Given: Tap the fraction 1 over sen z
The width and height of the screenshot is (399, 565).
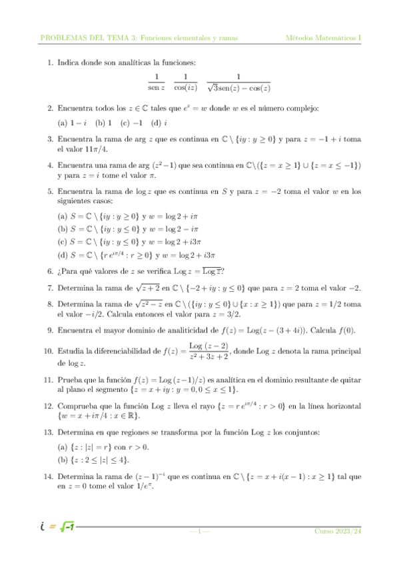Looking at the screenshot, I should point(156,82).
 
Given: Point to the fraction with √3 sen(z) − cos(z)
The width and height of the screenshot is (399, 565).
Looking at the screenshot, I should point(238,82).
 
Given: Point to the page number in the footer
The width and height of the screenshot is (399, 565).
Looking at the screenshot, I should point(200,531).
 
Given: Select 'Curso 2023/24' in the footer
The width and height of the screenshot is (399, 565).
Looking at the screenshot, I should point(338,531).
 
